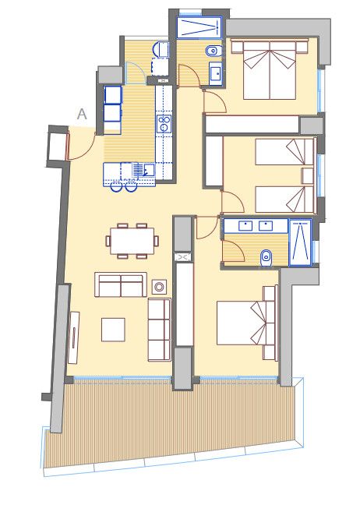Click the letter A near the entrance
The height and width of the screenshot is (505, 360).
pyautogui.click(x=82, y=114)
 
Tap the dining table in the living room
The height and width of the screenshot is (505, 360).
pyautogui.click(x=132, y=241)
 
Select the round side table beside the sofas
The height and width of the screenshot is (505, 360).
pyautogui.click(x=159, y=287)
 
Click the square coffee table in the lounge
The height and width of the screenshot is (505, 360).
pyautogui.click(x=113, y=330)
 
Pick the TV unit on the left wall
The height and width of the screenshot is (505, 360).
pyautogui.click(x=74, y=337)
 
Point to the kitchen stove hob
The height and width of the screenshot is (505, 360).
pyautogui.click(x=164, y=124)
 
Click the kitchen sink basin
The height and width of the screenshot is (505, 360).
pyautogui.click(x=149, y=169)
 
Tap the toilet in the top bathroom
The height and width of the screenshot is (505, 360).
pyautogui.click(x=214, y=51)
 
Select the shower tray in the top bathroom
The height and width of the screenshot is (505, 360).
pyautogui.click(x=199, y=27)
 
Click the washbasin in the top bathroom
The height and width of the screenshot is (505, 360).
pyautogui.click(x=215, y=74)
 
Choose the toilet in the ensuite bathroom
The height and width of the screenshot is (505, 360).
pyautogui.click(x=266, y=258)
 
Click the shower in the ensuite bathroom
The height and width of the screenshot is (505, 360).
pyautogui.click(x=301, y=242)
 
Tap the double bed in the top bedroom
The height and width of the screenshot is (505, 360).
pyautogui.click(x=270, y=70)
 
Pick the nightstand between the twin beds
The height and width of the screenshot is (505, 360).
pyautogui.click(x=308, y=176)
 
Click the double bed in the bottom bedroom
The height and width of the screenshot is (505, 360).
pyautogui.click(x=246, y=323)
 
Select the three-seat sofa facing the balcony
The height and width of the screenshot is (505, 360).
pyautogui.click(x=159, y=330)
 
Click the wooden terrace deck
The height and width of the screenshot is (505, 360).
pyautogui.click(x=171, y=422)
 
